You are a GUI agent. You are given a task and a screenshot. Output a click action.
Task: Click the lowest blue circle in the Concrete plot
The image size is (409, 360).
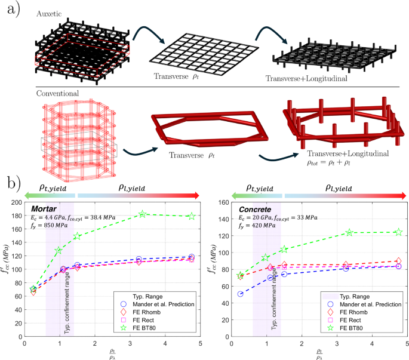[x=240, y=294]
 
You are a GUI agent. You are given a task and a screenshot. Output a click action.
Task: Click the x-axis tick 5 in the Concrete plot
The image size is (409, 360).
[x=408, y=344]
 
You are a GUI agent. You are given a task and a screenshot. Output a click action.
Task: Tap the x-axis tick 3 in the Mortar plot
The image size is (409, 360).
[x=128, y=344]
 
